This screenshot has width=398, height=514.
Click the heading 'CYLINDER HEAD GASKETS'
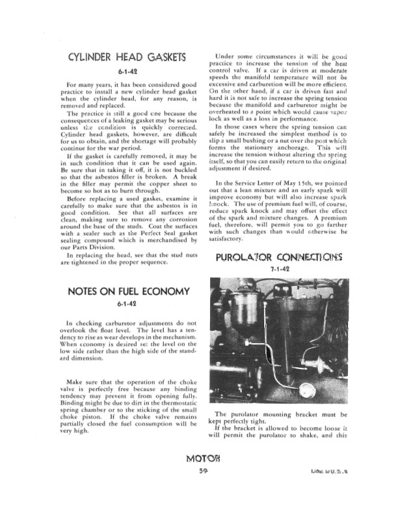coord(127,58)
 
